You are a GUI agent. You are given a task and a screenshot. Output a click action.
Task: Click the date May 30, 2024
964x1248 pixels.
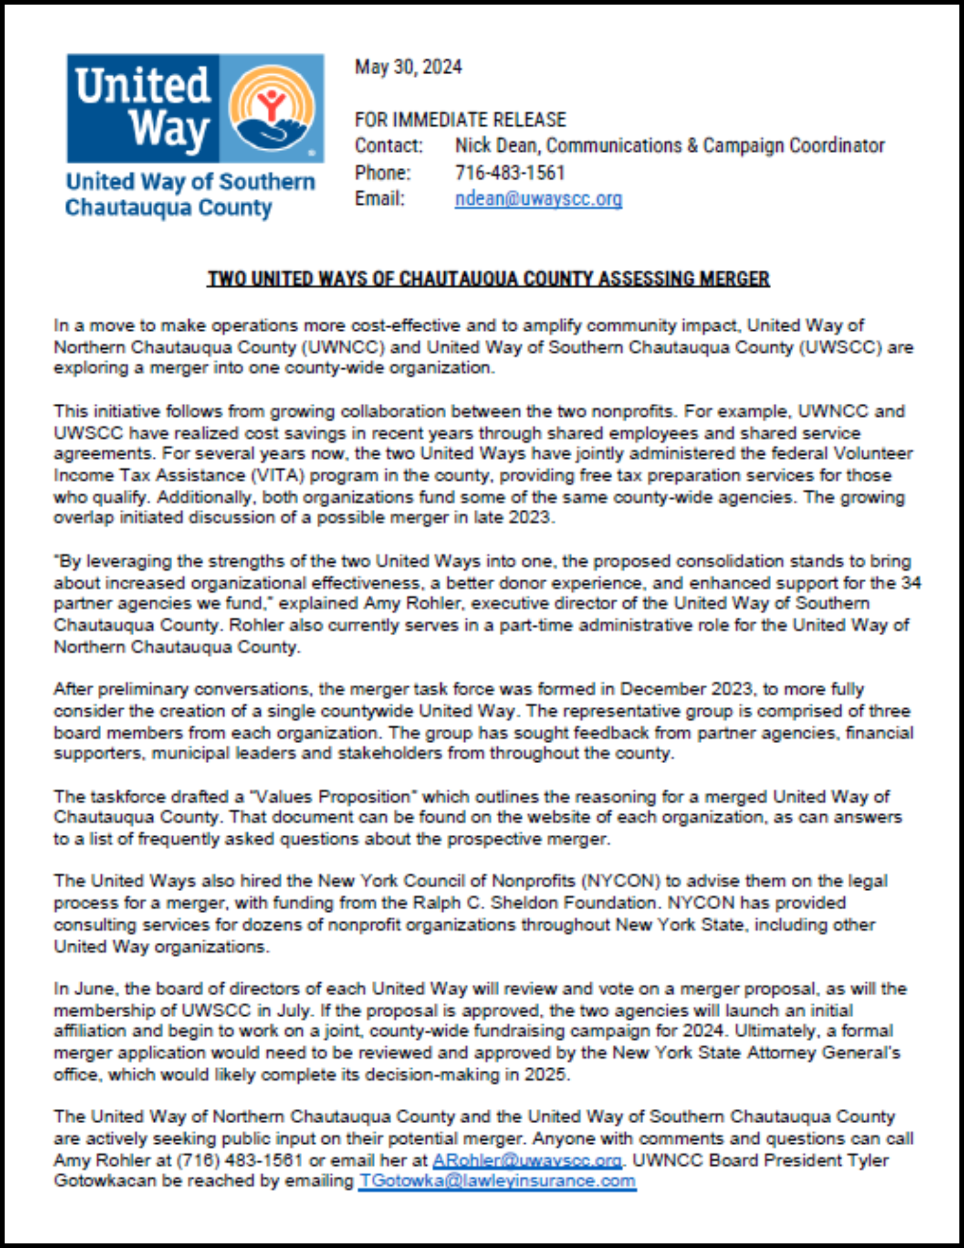pyautogui.click(x=408, y=67)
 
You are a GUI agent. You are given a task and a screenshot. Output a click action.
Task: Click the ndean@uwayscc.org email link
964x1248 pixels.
pyautogui.click(x=538, y=198)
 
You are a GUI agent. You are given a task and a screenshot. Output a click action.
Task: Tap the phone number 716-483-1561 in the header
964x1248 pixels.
pyautogui.click(x=510, y=172)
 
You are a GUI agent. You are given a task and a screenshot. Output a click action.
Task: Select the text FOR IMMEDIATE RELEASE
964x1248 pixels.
pyautogui.click(x=460, y=119)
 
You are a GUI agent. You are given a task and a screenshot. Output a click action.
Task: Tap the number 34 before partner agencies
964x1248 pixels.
pyautogui.click(x=910, y=583)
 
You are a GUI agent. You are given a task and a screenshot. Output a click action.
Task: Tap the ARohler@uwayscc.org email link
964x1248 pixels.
pyautogui.click(x=527, y=1160)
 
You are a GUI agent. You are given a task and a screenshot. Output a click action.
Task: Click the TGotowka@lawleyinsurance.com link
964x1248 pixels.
pyautogui.click(x=497, y=1181)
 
